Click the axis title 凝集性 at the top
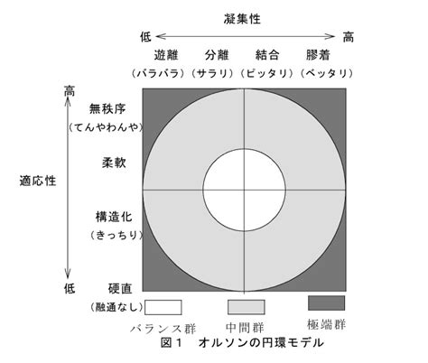tap(242, 19)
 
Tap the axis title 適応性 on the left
tap(38, 181)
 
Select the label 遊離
tap(166, 55)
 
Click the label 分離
tap(217, 55)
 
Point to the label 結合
tap(267, 55)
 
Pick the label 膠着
tap(318, 55)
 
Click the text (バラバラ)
tap(158, 73)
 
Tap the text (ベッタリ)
tap(327, 73)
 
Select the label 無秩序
tap(107, 108)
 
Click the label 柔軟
tap(114, 163)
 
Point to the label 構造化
tap(114, 217)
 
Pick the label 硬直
tap(120, 289)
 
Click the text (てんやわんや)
tap(106, 127)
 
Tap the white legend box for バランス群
tap(163, 307)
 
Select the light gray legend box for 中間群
tap(247, 307)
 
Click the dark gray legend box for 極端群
tap(327, 302)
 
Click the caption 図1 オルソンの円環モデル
tap(242, 342)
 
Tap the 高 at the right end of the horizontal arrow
tap(349, 37)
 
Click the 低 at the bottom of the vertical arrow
tap(70, 289)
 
